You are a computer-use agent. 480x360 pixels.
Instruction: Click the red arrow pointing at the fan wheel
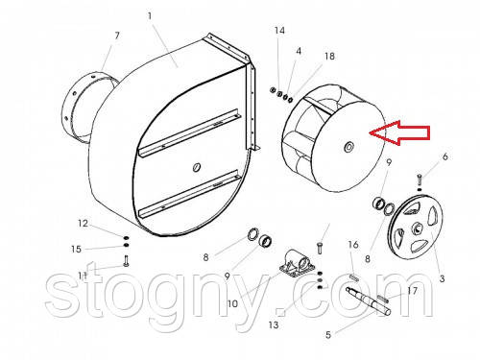(x=399, y=132)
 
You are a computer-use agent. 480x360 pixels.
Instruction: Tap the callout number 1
(x=150, y=16)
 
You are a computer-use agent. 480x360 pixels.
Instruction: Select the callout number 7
(x=117, y=36)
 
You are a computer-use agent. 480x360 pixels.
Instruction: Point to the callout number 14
(x=279, y=31)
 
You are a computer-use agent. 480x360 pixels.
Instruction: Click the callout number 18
(x=329, y=57)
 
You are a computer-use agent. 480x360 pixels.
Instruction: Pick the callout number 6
(x=445, y=156)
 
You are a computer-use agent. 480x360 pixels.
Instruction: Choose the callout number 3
(x=442, y=278)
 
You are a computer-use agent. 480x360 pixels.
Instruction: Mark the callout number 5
(x=328, y=335)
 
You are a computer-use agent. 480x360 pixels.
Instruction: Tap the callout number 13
(x=274, y=325)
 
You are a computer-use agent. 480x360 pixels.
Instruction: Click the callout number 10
(x=232, y=303)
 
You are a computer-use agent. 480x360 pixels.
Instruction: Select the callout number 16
(x=353, y=245)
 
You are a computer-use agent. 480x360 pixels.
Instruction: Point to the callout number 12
(x=83, y=223)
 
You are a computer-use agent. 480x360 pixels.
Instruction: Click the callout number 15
(x=76, y=249)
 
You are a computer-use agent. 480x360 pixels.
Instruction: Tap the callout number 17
(x=412, y=291)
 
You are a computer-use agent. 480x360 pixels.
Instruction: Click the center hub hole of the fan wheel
(x=348, y=147)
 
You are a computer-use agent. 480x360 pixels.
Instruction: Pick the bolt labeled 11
(x=126, y=261)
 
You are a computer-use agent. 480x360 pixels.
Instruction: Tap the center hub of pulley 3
(x=418, y=228)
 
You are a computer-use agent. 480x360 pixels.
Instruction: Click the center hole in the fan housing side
(x=197, y=167)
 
